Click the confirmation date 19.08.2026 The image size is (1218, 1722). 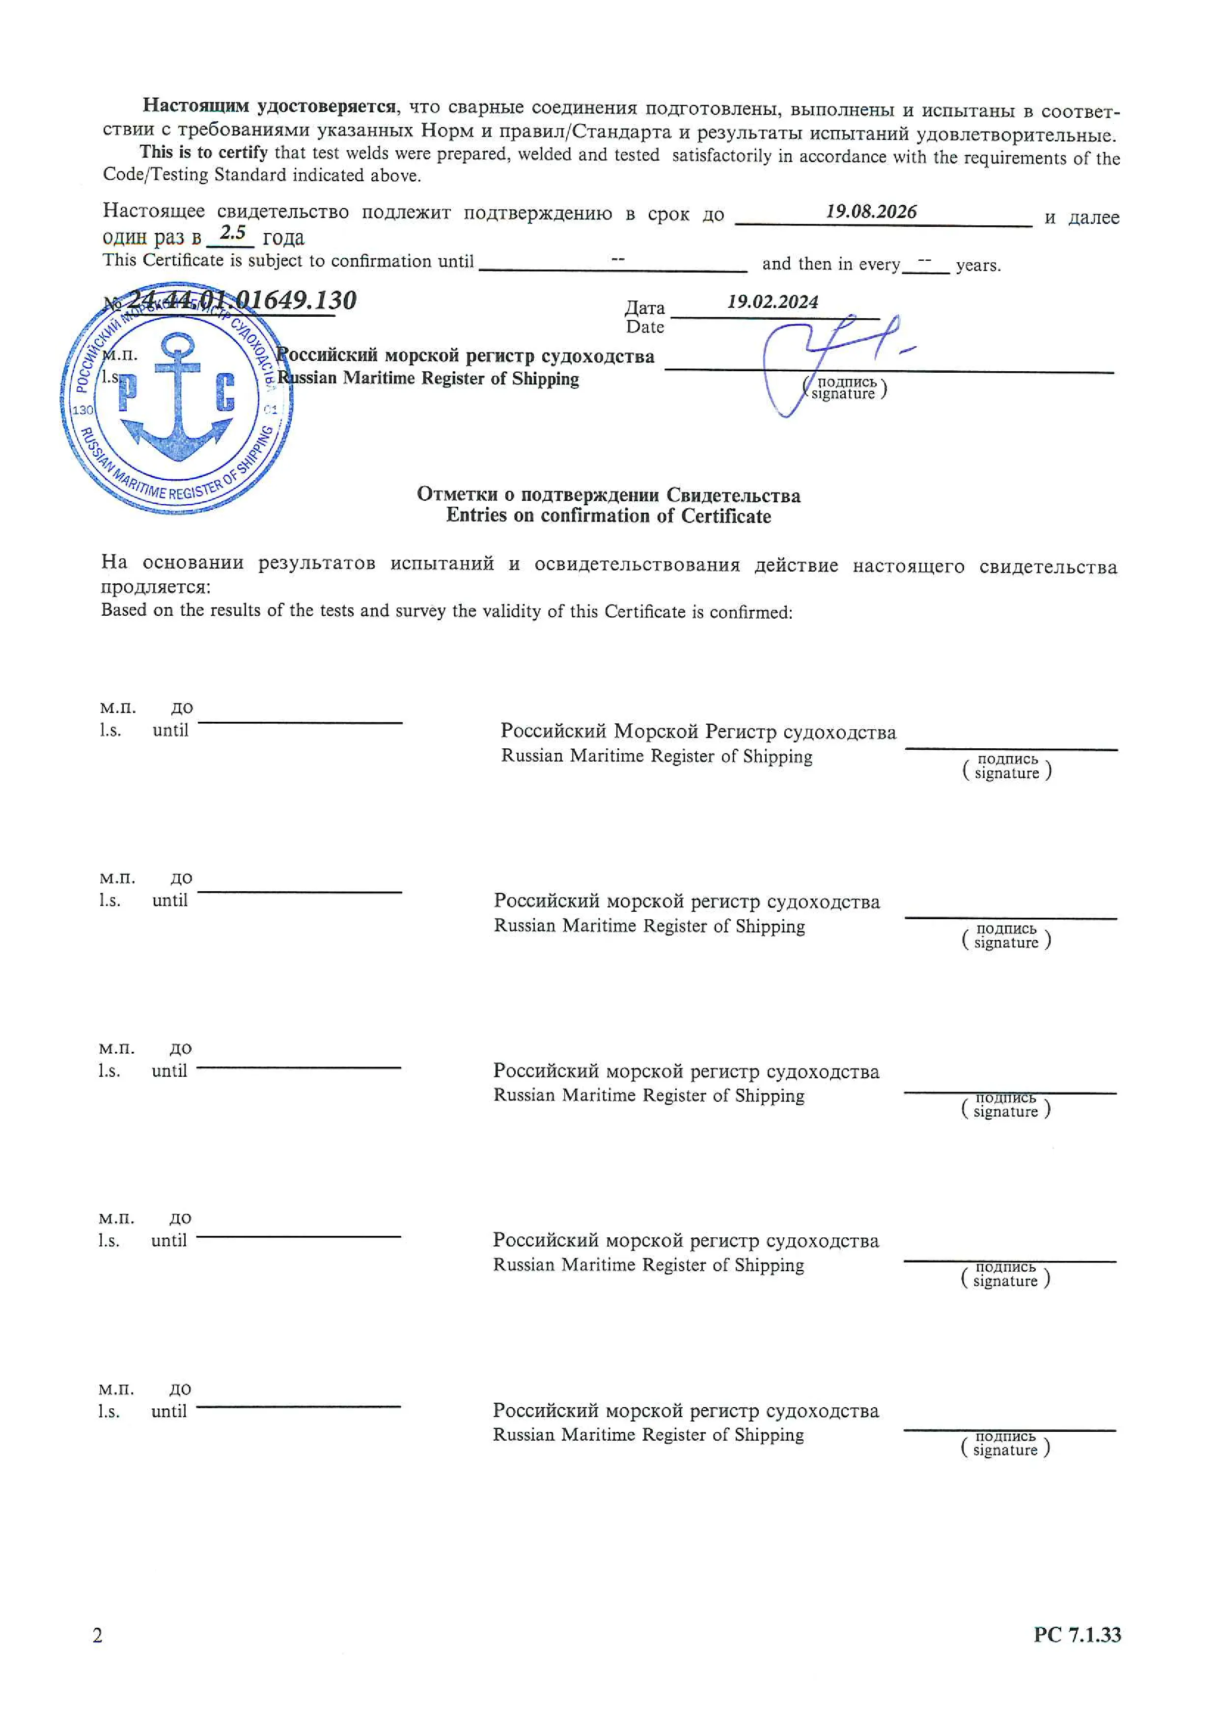click(x=871, y=212)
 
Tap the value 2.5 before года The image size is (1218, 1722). click(x=232, y=233)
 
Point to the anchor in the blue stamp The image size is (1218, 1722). click(x=178, y=398)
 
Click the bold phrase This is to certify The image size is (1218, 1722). click(x=203, y=152)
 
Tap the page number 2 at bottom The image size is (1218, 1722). click(x=98, y=1635)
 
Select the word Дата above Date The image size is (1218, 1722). click(x=644, y=307)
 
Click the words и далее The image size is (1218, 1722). click(x=1081, y=218)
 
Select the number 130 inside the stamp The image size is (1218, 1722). click(x=83, y=410)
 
